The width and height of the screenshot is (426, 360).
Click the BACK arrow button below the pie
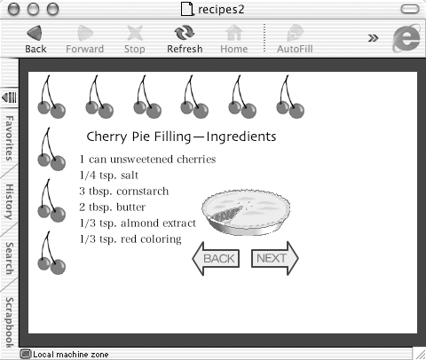[216, 259]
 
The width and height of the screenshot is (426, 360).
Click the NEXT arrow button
[275, 259]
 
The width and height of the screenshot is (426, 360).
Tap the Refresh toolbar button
[185, 39]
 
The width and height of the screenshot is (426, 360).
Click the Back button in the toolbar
[35, 39]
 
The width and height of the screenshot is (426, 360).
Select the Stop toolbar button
[135, 39]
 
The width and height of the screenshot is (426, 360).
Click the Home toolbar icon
[234, 39]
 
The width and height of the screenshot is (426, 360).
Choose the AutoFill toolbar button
[295, 39]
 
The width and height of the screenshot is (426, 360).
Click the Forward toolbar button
[85, 39]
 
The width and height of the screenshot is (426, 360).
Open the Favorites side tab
[10, 138]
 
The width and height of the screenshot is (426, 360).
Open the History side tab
[10, 202]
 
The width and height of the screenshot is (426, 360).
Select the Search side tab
[10, 258]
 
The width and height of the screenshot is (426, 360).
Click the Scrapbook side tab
[10, 323]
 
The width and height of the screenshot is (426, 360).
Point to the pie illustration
[246, 212]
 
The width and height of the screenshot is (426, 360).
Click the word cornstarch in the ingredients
[143, 192]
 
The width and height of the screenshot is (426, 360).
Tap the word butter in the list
[131, 207]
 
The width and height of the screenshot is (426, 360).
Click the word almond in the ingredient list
[138, 223]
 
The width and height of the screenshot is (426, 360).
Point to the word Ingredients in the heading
[241, 137]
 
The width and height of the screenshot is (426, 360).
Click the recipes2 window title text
[221, 10]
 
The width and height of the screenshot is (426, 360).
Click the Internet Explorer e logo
[406, 38]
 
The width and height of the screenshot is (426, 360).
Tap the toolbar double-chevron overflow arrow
[373, 38]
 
